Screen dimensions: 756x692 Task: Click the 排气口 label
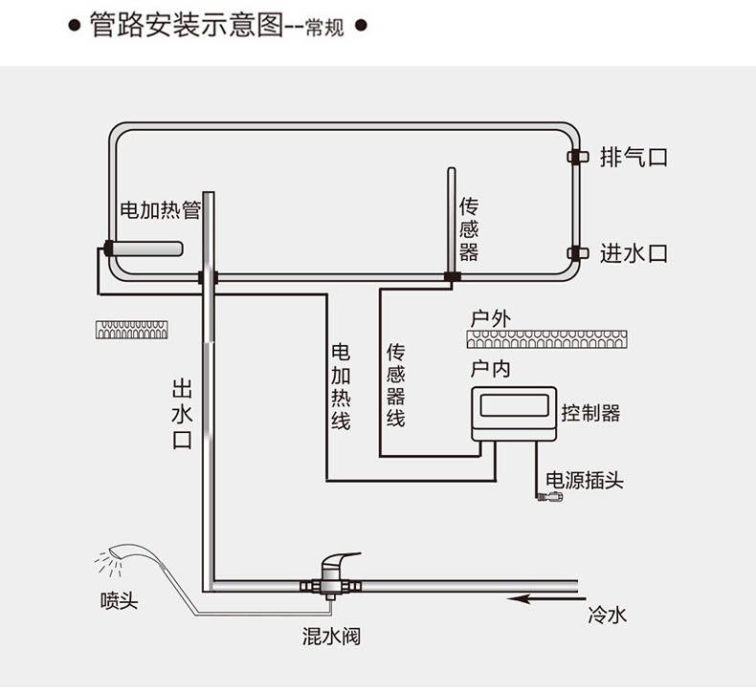coord(634,158)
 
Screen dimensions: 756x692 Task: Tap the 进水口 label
coord(634,254)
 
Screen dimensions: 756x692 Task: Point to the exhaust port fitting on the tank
coord(577,157)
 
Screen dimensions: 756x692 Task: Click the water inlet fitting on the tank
coord(577,253)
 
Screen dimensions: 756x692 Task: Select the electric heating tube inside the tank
coord(144,249)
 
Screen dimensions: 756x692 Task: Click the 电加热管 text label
coord(160,210)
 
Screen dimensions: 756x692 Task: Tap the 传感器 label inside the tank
coord(469,229)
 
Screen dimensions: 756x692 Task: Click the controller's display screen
coord(514,405)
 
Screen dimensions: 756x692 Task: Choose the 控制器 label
coord(590,413)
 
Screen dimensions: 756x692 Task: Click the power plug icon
coord(550,496)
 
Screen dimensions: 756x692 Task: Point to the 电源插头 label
coord(585,480)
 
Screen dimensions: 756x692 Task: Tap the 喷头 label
coord(119,601)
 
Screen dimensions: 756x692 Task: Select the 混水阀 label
coord(331,637)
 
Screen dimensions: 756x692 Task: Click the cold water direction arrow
coord(546,599)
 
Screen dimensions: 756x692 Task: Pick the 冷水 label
coord(607,615)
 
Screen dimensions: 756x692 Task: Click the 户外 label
coord(490,319)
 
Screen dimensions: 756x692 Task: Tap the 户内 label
coord(490,369)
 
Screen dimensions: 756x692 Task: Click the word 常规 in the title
coord(325,28)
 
